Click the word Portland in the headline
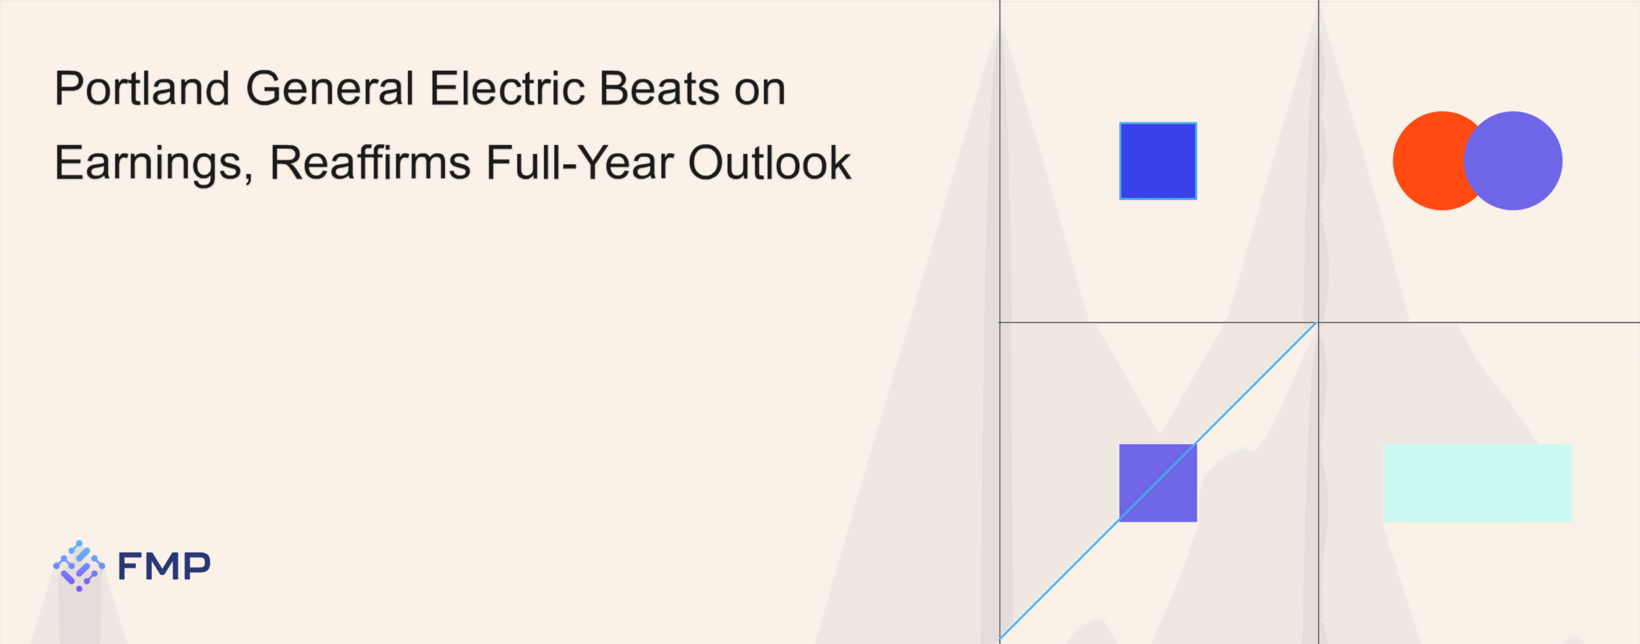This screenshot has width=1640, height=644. (x=142, y=88)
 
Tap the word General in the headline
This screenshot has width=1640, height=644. (x=330, y=88)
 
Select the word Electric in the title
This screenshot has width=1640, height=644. (x=507, y=88)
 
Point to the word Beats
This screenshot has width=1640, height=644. (x=659, y=88)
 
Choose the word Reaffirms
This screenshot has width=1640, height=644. (x=370, y=162)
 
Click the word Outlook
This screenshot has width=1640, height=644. (x=769, y=162)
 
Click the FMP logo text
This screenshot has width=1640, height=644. (x=164, y=566)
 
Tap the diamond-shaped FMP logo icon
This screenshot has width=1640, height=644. (x=79, y=566)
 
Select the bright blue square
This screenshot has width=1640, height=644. (x=1158, y=161)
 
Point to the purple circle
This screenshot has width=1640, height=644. (x=1513, y=161)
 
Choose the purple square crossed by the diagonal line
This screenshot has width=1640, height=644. (x=1158, y=483)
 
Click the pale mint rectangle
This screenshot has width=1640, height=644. (x=1477, y=483)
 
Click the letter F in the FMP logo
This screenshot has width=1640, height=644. (x=130, y=566)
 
